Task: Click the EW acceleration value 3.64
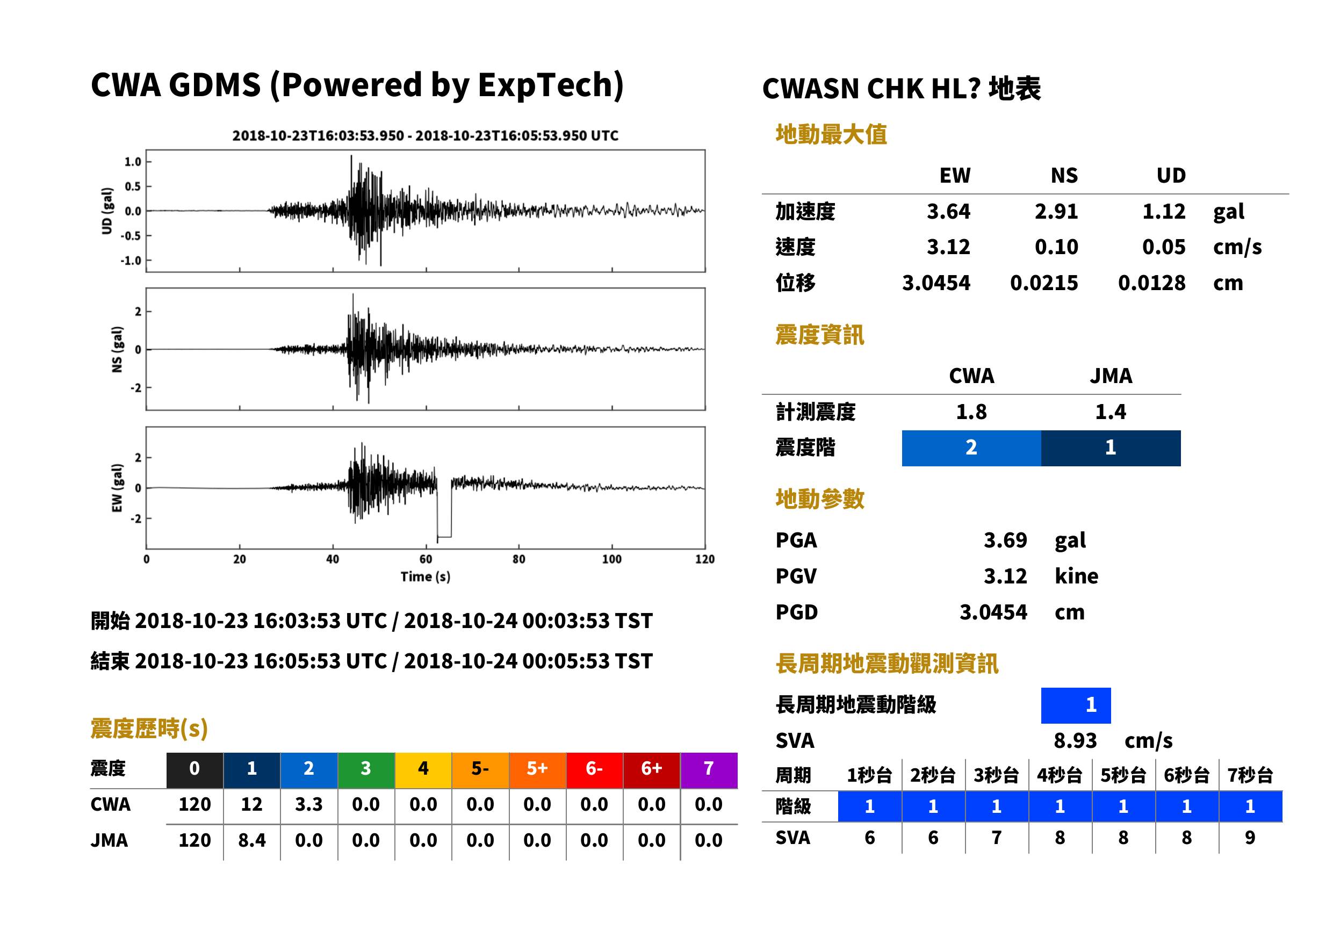(948, 212)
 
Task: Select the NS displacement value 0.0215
(1043, 283)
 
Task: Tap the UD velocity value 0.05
(1164, 247)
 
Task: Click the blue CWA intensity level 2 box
(971, 448)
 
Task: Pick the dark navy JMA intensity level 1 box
(1111, 448)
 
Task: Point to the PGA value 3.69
(1005, 540)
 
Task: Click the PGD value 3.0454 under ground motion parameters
(993, 612)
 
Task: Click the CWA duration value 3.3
(309, 804)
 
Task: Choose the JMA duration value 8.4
(252, 840)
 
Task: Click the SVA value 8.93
(1075, 740)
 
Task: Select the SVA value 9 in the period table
(1250, 838)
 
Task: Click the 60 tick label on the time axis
(426, 559)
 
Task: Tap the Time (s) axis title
(426, 577)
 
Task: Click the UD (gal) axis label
(107, 211)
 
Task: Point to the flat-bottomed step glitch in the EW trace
(444, 536)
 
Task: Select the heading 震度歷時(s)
(149, 729)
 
